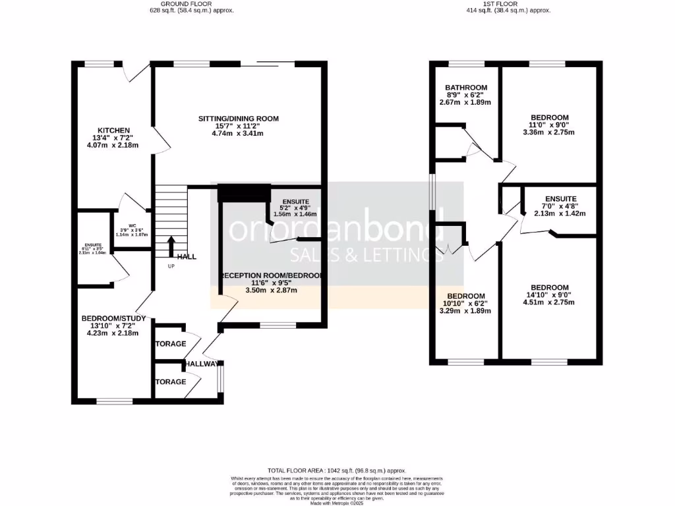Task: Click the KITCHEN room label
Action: pos(113,130)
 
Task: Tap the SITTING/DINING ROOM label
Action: pos(239,119)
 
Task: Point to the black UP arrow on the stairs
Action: pos(171,246)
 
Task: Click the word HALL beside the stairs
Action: pos(187,256)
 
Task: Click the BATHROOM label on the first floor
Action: pos(465,88)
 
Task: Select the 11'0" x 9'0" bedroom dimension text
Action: pos(549,125)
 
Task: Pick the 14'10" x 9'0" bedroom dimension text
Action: pos(549,295)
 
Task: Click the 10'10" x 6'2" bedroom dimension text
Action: pos(466,304)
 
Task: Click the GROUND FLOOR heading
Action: pos(191,3)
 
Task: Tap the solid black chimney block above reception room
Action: pos(244,193)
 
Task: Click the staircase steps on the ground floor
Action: pos(171,211)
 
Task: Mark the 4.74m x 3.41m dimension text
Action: pos(239,133)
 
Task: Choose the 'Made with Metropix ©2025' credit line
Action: pos(337,502)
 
